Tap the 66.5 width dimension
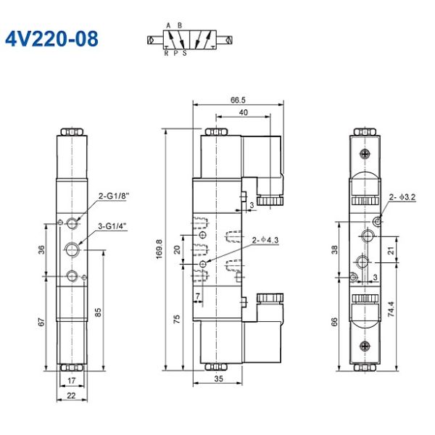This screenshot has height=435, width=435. pos(237,100)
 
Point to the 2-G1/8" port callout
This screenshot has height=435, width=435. pos(112,195)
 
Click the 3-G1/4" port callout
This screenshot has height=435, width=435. pos(112,226)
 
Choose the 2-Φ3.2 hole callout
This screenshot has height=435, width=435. pos(402,196)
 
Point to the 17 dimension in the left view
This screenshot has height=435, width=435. pos(70,380)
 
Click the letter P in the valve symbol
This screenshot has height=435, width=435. pos(175,52)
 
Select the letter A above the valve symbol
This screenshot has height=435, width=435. pos(168,25)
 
